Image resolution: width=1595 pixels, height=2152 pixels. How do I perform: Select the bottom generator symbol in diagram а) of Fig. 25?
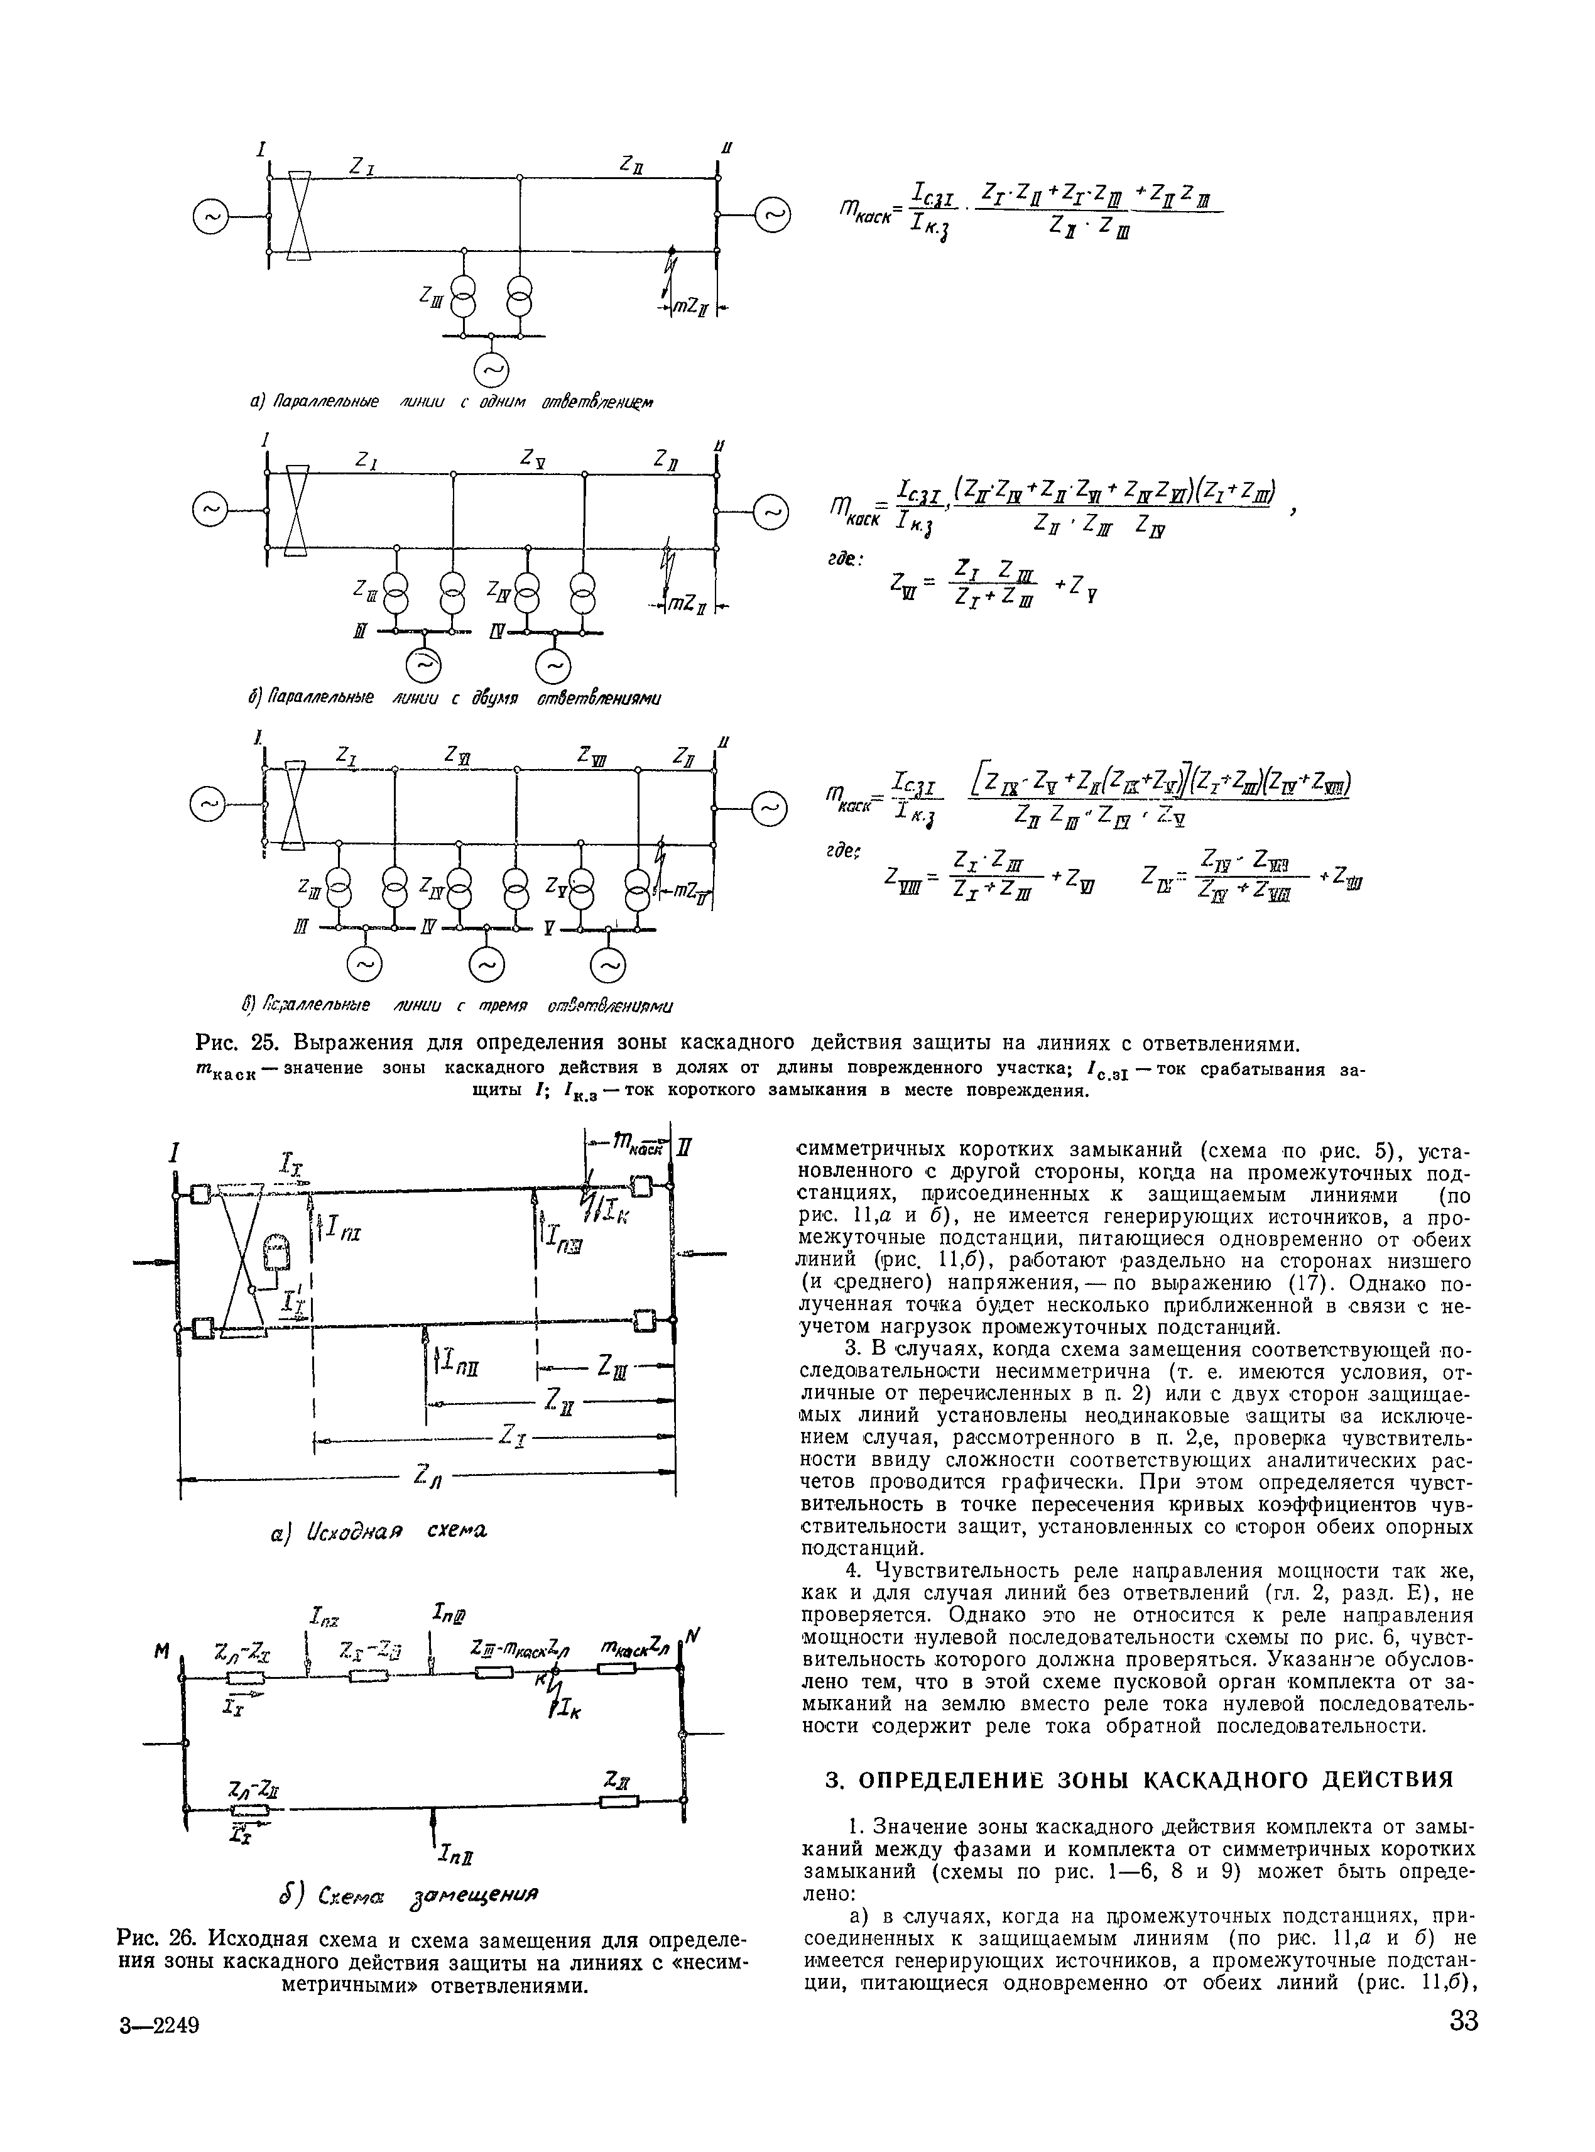[491, 370]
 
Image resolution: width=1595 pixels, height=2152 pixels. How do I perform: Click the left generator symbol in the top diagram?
[212, 219]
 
